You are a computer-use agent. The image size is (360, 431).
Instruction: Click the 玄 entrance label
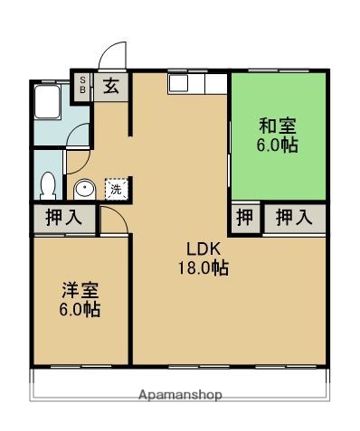pyautogui.click(x=111, y=87)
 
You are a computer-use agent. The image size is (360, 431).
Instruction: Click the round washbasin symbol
pyautogui.click(x=83, y=190)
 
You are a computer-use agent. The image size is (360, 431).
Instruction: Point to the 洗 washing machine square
pyautogui.click(x=115, y=189)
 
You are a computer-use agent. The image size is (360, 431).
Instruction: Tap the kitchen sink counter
pyautogui.click(x=195, y=83)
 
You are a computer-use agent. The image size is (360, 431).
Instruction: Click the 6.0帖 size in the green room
pyautogui.click(x=277, y=145)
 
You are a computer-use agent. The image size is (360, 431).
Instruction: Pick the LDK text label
pyautogui.click(x=203, y=249)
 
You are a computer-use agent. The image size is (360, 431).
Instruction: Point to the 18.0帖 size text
pyautogui.click(x=203, y=268)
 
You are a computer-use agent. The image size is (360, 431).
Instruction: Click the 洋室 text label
pyautogui.click(x=79, y=290)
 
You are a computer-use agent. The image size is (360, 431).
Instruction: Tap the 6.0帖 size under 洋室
pyautogui.click(x=79, y=309)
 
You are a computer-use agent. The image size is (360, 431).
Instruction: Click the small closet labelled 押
pyautogui.click(x=244, y=218)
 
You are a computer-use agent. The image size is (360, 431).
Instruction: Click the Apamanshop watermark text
pyautogui.click(x=179, y=395)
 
